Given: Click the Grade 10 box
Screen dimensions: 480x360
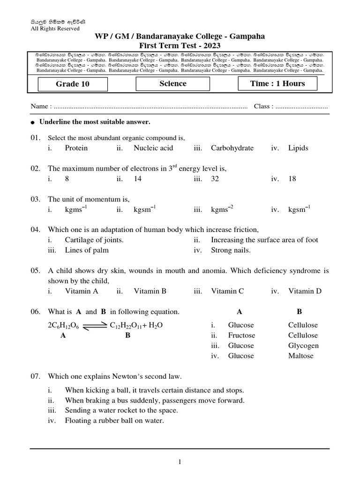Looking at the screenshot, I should (x=73, y=84).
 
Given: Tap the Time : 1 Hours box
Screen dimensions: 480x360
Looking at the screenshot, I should (x=277, y=84).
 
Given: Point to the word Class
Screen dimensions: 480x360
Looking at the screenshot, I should (x=262, y=106).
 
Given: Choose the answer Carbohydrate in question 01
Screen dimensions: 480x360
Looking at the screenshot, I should (x=232, y=148).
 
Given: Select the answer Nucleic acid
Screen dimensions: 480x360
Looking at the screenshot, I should (x=153, y=148).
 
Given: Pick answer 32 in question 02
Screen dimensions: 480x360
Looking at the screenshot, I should (x=215, y=179).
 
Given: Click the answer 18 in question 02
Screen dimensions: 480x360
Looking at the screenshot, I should (x=292, y=179).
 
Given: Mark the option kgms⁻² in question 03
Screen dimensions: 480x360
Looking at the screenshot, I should (x=222, y=210).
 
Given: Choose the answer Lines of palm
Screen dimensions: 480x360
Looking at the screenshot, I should (x=87, y=250).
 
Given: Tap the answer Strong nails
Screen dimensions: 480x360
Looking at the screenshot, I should (x=231, y=250).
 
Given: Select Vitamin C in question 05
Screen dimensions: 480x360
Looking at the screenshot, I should (x=227, y=291).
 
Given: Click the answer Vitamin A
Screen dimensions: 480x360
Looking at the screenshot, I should (x=82, y=291).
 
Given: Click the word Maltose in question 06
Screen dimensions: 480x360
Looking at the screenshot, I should (x=300, y=356).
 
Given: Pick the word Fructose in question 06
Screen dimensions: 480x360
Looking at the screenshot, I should (x=241, y=336).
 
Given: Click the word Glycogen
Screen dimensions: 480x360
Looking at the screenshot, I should (x=303, y=346).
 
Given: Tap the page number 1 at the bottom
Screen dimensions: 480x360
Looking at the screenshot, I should (x=180, y=462).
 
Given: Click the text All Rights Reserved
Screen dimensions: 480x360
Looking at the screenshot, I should (x=55, y=28).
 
